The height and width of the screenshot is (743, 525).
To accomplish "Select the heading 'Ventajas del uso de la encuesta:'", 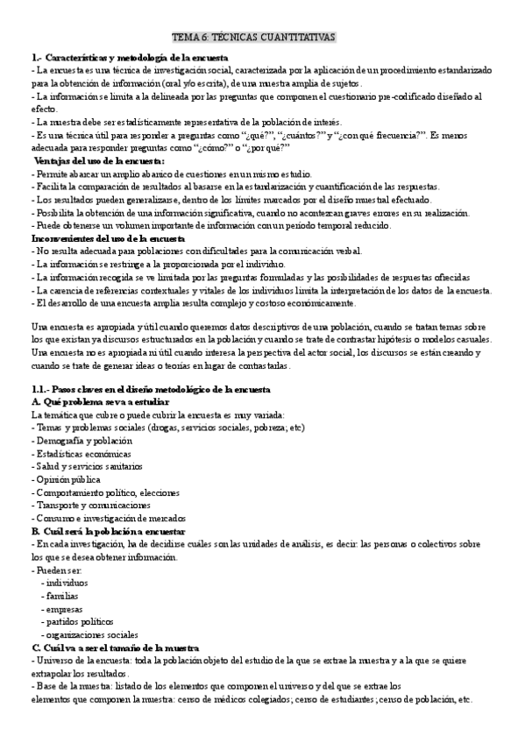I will pos(97,161).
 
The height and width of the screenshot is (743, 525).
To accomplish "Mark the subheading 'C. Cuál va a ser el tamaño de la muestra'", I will pos(115,647).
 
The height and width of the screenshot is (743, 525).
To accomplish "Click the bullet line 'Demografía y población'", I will pos(79,441).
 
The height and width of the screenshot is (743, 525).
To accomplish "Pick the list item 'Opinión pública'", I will pos(67,479).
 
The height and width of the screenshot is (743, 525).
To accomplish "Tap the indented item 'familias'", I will pos(63,596).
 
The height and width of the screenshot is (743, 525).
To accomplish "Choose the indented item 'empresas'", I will pos(65,608).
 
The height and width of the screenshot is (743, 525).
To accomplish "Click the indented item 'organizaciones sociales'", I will pos(89,634).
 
